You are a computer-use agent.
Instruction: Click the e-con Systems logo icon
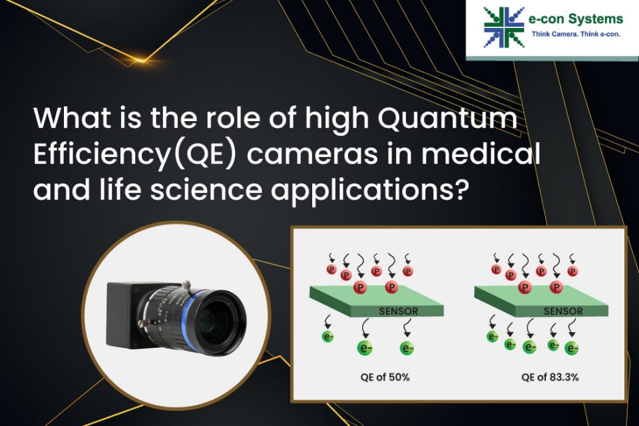(x=504, y=27)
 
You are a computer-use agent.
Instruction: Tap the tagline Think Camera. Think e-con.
(x=576, y=34)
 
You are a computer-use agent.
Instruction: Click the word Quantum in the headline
(x=447, y=118)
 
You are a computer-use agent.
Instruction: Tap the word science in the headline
(x=206, y=190)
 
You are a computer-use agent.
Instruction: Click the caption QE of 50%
(x=385, y=377)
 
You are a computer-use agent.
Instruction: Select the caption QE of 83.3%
(x=550, y=377)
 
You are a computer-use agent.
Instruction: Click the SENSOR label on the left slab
(x=399, y=312)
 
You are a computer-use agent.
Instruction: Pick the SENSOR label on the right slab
(x=563, y=312)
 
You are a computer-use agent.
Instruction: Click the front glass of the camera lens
(x=222, y=323)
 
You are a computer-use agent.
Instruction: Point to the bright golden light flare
(x=140, y=61)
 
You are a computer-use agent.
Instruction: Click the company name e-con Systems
(x=575, y=19)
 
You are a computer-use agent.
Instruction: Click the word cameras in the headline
(x=312, y=155)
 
